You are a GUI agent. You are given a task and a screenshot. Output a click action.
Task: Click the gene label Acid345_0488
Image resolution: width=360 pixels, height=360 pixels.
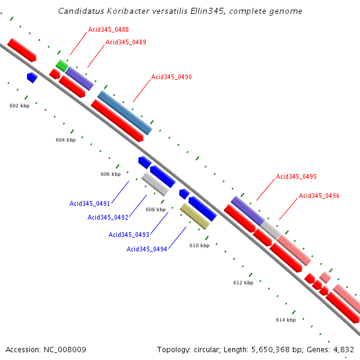[109, 29]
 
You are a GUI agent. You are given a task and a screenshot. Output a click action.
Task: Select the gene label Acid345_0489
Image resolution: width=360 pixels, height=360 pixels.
[126, 42]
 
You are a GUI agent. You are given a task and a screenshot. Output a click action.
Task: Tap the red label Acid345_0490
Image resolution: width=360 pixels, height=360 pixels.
[172, 77]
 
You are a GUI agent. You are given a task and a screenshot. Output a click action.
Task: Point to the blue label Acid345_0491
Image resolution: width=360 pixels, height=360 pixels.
[89, 204]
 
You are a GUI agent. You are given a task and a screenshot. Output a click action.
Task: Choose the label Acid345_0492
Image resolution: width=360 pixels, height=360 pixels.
[107, 217]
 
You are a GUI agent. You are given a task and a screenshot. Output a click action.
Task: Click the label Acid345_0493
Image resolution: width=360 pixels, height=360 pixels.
[128, 235]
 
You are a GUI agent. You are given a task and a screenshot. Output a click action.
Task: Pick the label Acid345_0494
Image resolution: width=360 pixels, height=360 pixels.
[146, 249]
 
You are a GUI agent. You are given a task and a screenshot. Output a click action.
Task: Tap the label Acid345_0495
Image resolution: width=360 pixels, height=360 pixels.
[296, 176]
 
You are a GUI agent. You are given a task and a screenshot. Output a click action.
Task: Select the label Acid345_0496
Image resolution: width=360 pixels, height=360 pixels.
[319, 196]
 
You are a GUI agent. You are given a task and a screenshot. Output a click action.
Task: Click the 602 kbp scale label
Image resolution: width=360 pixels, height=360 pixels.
[20, 106]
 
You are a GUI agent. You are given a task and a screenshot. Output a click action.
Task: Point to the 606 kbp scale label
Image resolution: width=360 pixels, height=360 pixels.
[110, 174]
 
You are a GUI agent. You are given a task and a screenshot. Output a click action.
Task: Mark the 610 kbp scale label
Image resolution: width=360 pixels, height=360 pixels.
[199, 245]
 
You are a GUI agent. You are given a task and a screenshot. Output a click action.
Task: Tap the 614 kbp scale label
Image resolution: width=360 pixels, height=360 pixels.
[286, 320]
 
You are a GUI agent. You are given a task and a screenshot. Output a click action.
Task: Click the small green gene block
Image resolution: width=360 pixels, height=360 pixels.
[62, 65]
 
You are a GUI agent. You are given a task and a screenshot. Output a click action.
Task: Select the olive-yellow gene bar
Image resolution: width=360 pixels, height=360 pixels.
[195, 217]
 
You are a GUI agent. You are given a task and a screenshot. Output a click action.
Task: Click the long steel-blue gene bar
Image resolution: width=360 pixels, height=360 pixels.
[125, 112]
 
